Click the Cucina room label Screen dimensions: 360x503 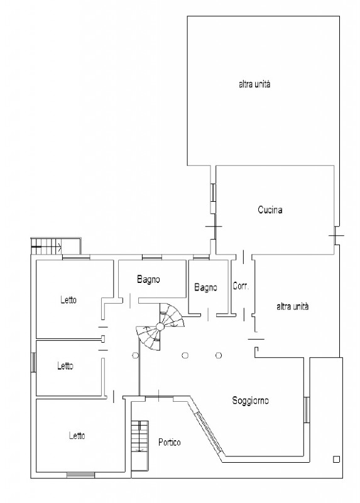(x=270, y=210)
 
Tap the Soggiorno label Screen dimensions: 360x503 (x=250, y=401)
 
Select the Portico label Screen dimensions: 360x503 (x=169, y=443)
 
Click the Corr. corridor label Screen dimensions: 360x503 (x=241, y=286)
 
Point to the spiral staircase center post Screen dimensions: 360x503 (x=160, y=327)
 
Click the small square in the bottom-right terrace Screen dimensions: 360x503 (x=336, y=460)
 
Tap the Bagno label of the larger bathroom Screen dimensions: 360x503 (x=148, y=279)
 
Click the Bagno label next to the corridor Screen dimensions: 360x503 (x=205, y=287)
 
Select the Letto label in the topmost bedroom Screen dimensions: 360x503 (x=68, y=300)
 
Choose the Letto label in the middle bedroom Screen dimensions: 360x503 (x=65, y=366)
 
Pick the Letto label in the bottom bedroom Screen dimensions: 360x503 (x=77, y=436)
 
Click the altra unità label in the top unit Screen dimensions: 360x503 (x=254, y=84)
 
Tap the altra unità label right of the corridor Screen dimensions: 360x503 (x=292, y=306)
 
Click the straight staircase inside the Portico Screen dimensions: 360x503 (x=140, y=446)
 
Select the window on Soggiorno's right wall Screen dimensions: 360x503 (x=307, y=410)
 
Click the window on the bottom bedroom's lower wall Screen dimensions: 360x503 (x=80, y=475)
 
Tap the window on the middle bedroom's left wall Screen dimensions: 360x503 (x=33, y=363)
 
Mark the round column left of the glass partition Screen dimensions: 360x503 (x=135, y=355)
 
